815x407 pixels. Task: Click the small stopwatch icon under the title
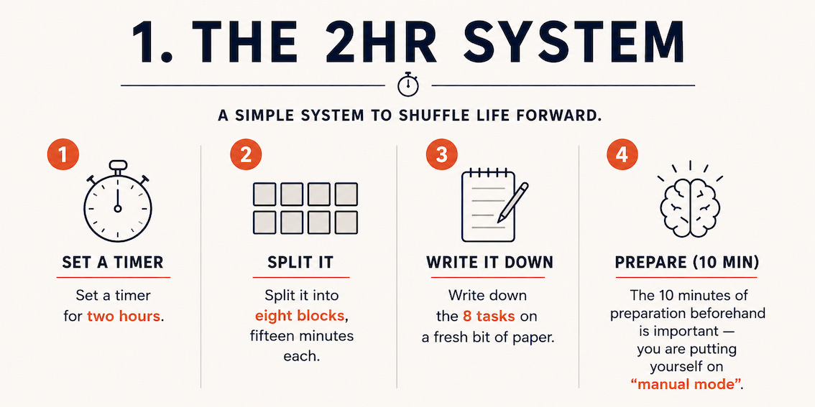click(407, 84)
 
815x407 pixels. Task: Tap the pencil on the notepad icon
click(512, 203)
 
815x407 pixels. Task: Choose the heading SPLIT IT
click(300, 263)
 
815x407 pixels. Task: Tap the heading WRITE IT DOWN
click(489, 263)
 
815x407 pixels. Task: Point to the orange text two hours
click(124, 316)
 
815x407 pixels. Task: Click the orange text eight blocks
click(299, 316)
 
